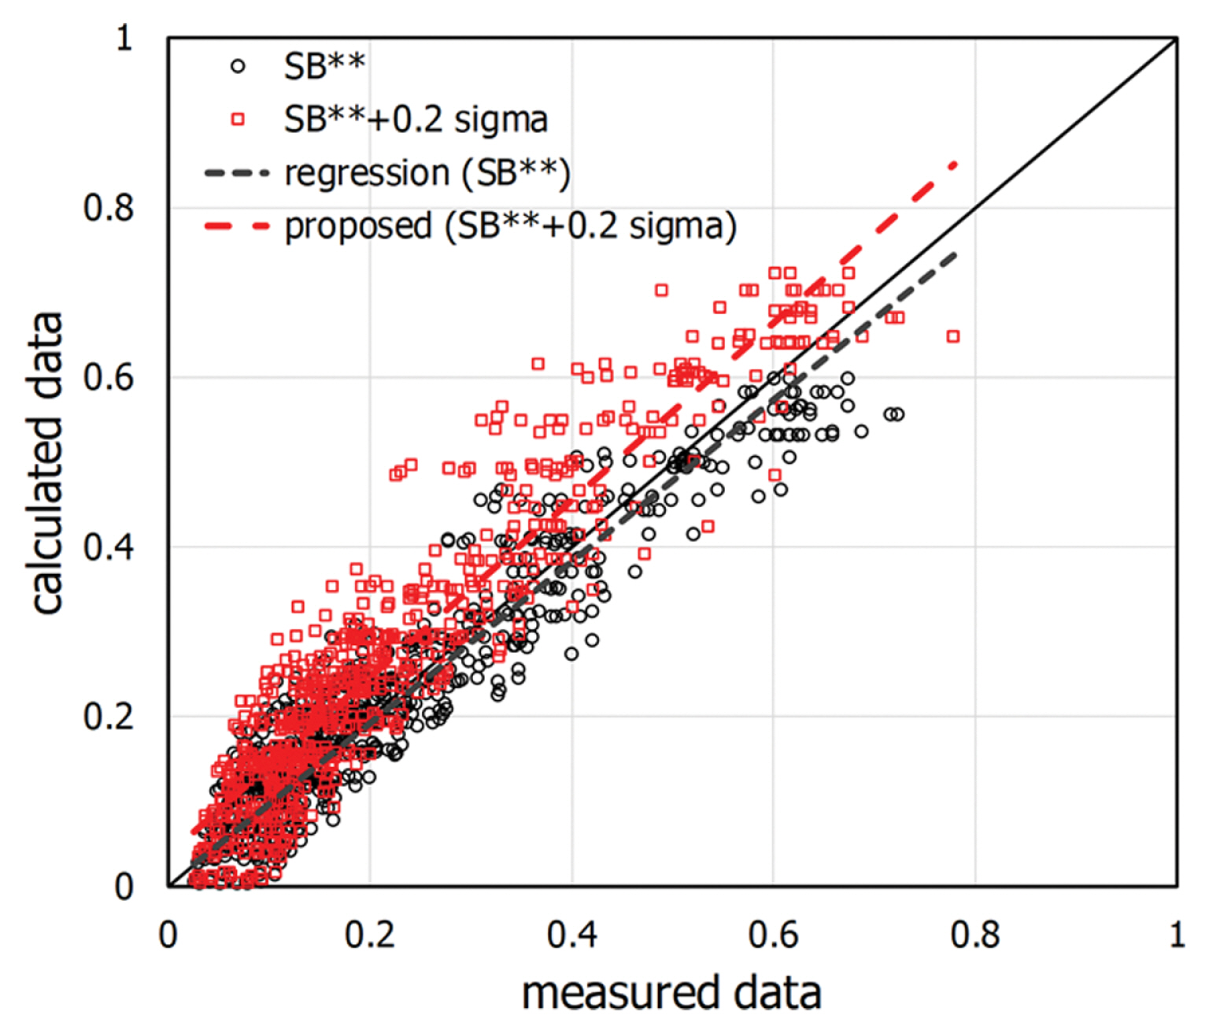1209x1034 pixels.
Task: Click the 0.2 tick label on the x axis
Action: pyautogui.click(x=370, y=935)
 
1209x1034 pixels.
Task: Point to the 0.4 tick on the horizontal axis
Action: pyautogui.click(x=572, y=935)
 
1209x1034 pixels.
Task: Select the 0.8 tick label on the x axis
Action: pyautogui.click(x=975, y=935)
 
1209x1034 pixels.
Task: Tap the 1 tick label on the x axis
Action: pyautogui.click(x=1177, y=935)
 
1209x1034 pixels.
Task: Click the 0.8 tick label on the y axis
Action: pyautogui.click(x=109, y=208)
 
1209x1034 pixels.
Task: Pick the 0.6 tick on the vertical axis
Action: pyautogui.click(x=109, y=377)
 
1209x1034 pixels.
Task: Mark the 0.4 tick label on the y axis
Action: pyautogui.click(x=109, y=547)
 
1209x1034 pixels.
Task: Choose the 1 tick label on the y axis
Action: pyautogui.click(x=124, y=38)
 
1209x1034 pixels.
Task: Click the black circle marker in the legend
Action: pyautogui.click(x=238, y=67)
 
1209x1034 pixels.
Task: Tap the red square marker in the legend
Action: pyautogui.click(x=238, y=120)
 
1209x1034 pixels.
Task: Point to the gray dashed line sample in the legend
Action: pyautogui.click(x=237, y=172)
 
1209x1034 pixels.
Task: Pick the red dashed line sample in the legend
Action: pyautogui.click(x=237, y=226)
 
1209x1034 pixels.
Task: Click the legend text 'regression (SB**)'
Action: pyautogui.click(x=427, y=172)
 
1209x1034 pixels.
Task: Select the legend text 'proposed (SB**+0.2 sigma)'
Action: pyautogui.click(x=511, y=226)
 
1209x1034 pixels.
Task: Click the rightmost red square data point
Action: pyautogui.click(x=953, y=336)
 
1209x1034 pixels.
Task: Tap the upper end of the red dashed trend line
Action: pyautogui.click(x=955, y=165)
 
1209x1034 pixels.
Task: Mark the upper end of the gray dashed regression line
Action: pyautogui.click(x=955, y=254)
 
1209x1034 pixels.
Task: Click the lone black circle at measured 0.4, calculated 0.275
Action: pyautogui.click(x=571, y=654)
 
